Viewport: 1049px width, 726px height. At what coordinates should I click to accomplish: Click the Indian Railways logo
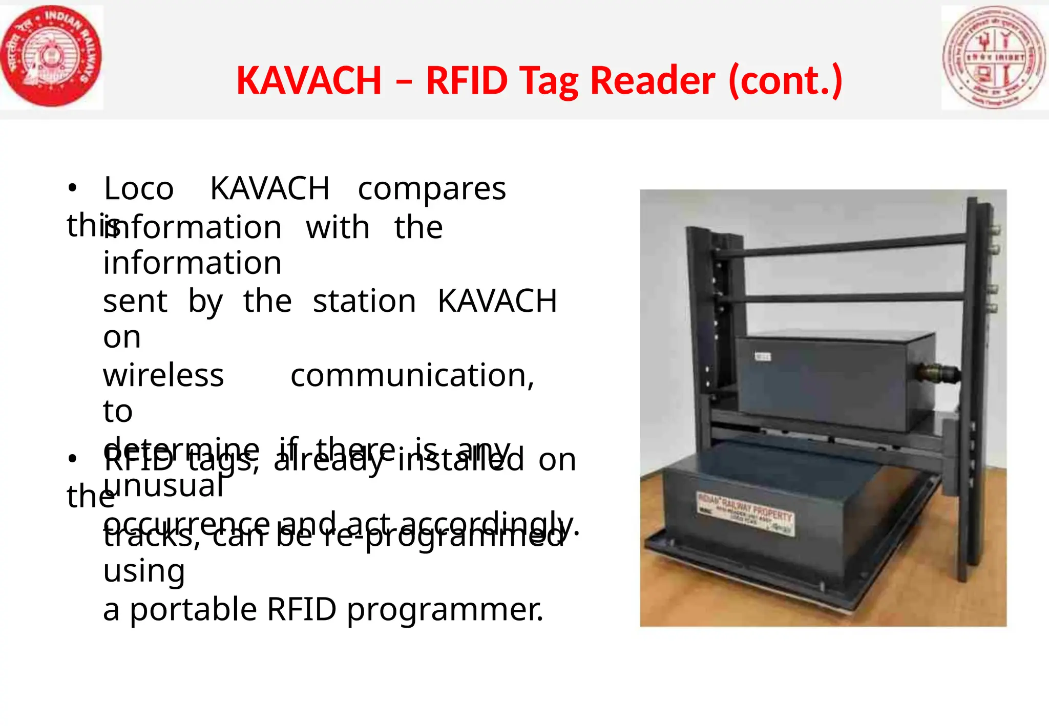click(x=51, y=56)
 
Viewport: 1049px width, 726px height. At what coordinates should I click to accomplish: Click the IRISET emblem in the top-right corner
click(x=994, y=57)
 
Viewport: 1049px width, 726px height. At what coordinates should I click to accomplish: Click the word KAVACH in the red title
click(x=309, y=81)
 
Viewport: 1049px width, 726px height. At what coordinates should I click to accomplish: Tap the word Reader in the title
click(x=653, y=81)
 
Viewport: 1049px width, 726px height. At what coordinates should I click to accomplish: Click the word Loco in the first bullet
click(x=139, y=189)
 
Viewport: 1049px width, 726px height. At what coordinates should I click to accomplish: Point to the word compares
click(x=431, y=189)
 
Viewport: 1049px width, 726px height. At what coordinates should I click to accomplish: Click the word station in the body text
click(x=364, y=301)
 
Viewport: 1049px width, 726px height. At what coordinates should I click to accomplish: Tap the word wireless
click(x=163, y=375)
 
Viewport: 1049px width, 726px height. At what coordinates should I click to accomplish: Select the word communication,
click(x=412, y=375)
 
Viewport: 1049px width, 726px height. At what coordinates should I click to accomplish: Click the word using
click(x=144, y=571)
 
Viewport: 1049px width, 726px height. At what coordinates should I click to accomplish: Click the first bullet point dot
click(x=72, y=188)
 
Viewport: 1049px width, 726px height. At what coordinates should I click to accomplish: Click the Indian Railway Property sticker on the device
click(x=745, y=512)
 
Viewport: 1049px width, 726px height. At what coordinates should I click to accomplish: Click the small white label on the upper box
click(x=763, y=356)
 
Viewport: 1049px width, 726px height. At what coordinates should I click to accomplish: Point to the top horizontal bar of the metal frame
click(x=840, y=246)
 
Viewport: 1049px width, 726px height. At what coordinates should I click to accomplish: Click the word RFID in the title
click(x=466, y=81)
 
